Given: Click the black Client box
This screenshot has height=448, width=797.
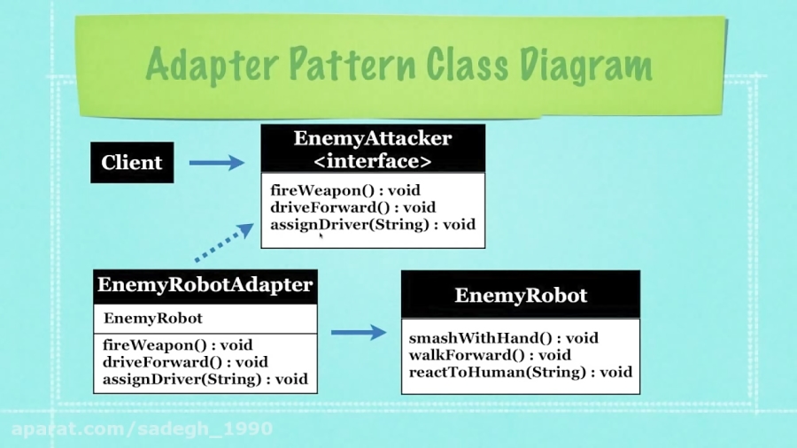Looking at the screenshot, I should click(132, 163).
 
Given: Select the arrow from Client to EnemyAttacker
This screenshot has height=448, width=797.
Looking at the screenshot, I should click(216, 163).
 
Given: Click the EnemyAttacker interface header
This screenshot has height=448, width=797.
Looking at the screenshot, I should click(372, 149).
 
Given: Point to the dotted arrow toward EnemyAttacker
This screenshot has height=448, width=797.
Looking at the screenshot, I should click(223, 243).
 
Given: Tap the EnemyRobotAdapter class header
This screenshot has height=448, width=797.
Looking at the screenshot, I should click(205, 286).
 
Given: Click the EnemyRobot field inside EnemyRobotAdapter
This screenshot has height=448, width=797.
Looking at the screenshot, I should click(153, 318).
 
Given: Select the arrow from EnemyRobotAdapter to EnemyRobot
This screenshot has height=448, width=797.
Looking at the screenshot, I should click(358, 333).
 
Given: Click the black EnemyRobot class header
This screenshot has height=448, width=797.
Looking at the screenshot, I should click(520, 296).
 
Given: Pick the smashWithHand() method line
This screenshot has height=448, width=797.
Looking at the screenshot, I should click(503, 338).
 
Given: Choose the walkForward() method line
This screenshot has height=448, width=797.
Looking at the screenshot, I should click(490, 355).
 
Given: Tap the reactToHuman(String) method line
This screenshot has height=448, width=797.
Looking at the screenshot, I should click(520, 372).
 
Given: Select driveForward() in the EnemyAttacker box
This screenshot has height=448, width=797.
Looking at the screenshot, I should click(352, 207).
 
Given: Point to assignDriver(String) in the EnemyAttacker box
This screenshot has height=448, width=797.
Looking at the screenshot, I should click(372, 224).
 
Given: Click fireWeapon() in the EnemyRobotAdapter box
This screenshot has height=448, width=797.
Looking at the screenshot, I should click(177, 345).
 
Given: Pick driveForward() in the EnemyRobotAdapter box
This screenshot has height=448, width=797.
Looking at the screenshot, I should click(185, 362).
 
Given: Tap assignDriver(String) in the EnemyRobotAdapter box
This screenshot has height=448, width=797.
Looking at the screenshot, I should click(205, 379).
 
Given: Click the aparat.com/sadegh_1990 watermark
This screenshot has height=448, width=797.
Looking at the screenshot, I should click(142, 429).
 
